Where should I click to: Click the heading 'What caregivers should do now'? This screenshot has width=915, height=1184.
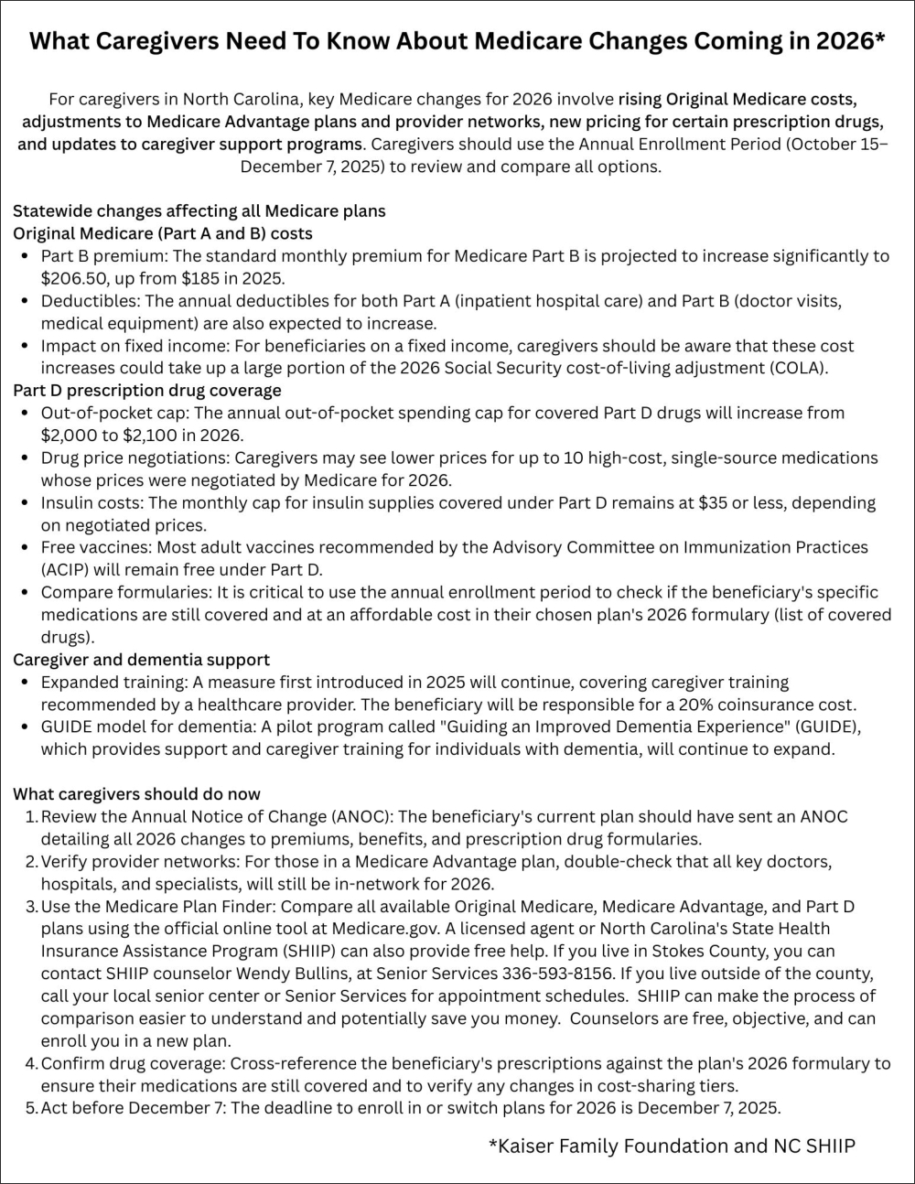(x=136, y=793)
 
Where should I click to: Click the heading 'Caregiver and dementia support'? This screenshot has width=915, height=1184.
(x=141, y=659)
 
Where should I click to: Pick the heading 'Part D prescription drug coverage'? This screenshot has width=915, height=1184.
(x=147, y=390)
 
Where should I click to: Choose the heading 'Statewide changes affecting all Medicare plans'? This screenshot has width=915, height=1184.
(x=199, y=210)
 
